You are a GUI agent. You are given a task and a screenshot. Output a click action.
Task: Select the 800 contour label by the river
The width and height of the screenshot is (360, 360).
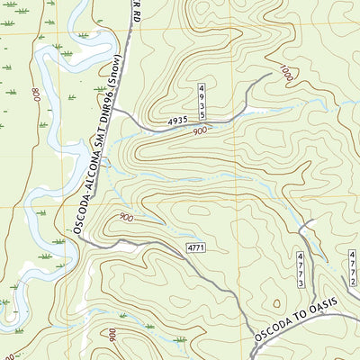[35, 94]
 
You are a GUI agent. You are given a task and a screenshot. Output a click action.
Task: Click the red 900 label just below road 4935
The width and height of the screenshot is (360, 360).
[200, 131]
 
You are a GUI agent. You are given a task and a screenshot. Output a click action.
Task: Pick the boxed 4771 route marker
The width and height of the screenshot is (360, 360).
[198, 247]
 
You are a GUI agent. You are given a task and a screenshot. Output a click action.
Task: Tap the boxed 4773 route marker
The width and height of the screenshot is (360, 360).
[301, 270]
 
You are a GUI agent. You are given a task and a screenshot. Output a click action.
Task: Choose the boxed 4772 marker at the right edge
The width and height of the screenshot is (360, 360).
[353, 268]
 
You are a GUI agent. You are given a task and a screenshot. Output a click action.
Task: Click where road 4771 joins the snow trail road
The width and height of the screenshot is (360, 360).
[81, 242]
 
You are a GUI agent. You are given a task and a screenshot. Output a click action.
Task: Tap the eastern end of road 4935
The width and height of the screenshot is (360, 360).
[268, 76]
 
